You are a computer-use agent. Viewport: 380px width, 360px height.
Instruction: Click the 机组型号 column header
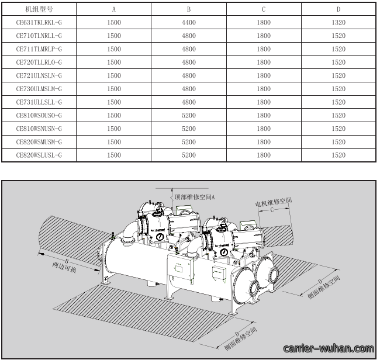pos(39,9)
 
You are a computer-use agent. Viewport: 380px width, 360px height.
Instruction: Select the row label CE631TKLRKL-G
pos(39,23)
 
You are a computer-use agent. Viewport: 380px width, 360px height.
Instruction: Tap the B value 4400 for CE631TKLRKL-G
pos(189,23)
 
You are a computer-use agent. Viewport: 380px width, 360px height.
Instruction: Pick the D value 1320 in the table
pos(338,23)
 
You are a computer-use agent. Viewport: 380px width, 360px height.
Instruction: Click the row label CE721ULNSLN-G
pos(39,75)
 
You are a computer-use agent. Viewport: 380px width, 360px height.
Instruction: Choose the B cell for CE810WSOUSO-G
pos(189,115)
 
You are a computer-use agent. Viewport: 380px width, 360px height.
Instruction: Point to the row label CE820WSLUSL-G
pos(39,155)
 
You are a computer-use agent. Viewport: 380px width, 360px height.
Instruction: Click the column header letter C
pos(264,9)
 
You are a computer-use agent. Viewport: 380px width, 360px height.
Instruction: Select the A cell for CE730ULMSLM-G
pos(114,89)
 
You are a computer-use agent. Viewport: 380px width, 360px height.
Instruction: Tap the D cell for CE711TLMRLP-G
pos(338,49)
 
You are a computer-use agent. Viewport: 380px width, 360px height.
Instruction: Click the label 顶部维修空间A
pos(195,197)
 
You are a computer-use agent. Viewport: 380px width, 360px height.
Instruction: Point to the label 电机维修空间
pos(274,202)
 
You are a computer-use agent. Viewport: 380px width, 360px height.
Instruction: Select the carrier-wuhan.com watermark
pos(329,349)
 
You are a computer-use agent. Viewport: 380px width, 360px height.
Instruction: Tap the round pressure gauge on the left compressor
pos(160,237)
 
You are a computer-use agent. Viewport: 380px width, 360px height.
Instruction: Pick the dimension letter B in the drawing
pos(67,261)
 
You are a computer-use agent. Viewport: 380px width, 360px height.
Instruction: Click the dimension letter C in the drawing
pos(272,210)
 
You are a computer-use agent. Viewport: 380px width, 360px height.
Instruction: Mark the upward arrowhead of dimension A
pos(172,191)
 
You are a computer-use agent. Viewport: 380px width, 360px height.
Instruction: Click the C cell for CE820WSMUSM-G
pos(264,142)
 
